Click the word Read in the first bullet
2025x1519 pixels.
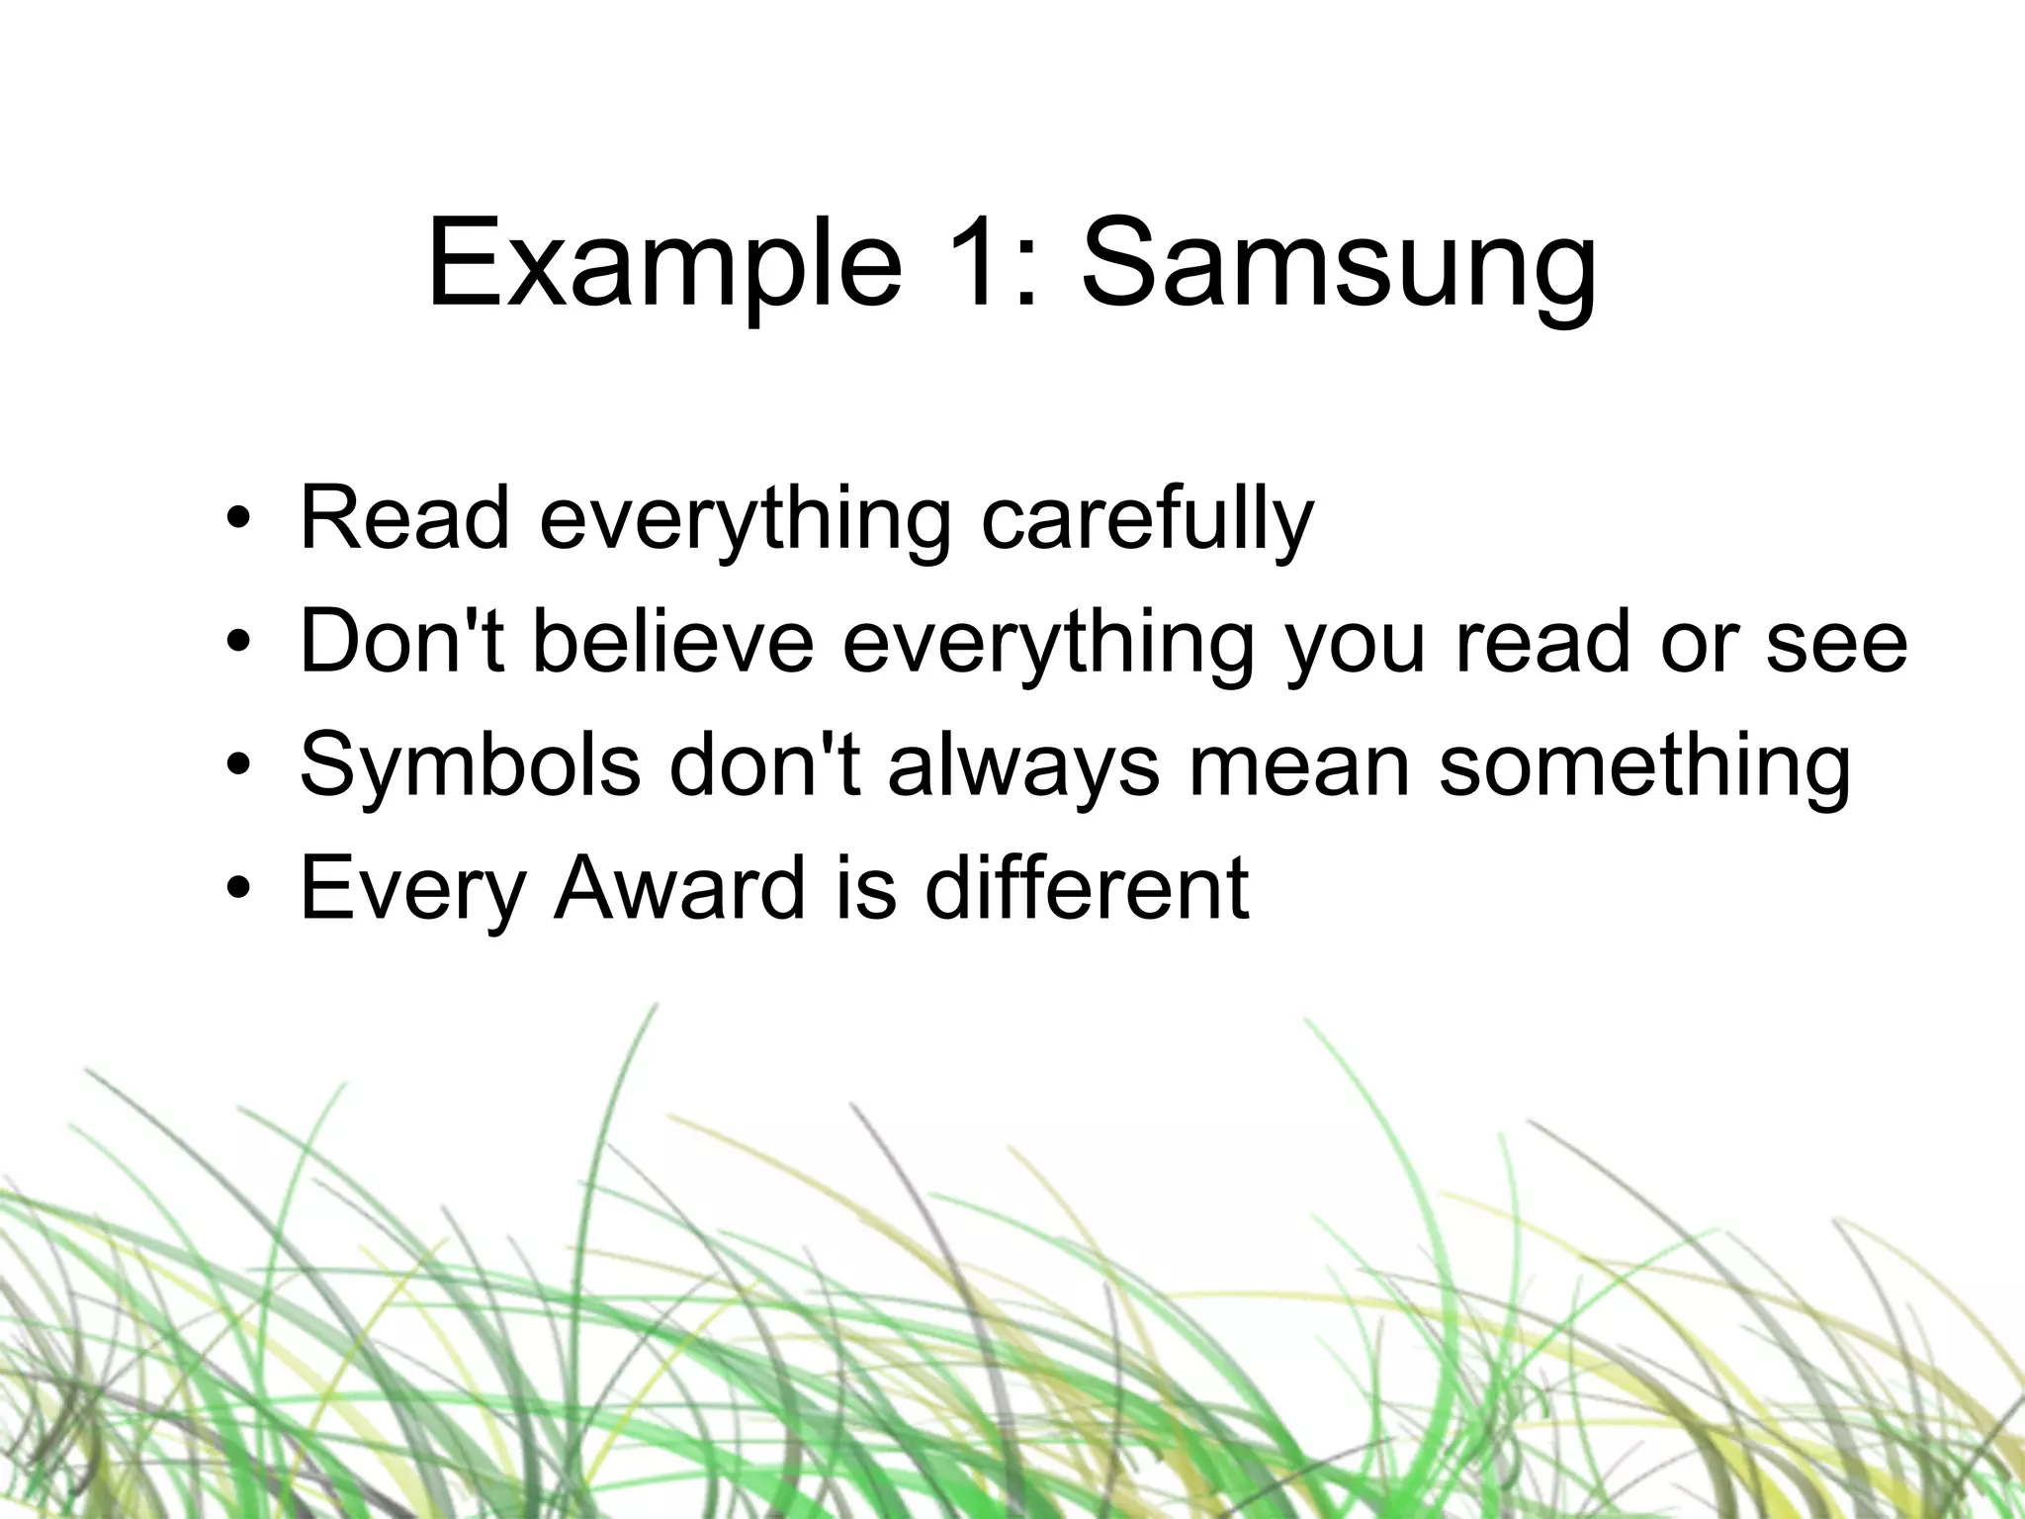(404, 518)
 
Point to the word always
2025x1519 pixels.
(1023, 765)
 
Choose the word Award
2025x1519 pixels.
(680, 888)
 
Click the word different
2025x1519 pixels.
(1087, 888)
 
